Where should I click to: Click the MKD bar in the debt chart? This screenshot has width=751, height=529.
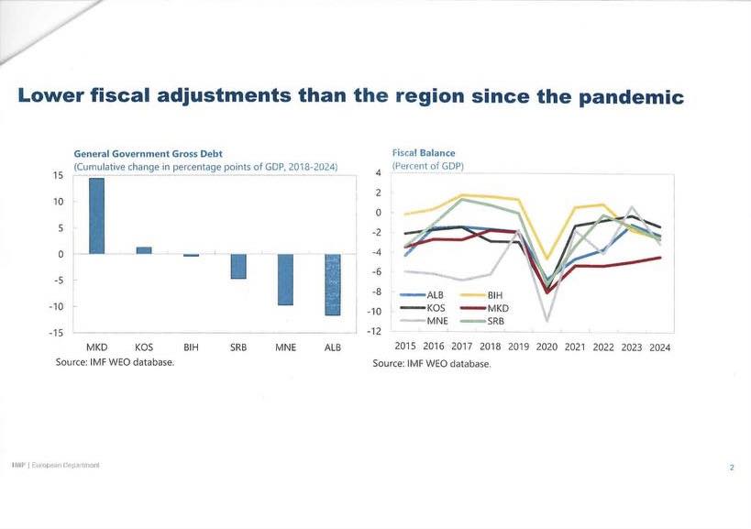coord(96,215)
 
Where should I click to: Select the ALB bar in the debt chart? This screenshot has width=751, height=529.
coord(333,285)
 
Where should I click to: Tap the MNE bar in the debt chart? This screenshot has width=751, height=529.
coord(285,280)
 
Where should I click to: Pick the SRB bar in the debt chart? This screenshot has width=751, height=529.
coord(238,266)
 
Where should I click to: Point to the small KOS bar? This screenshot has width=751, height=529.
coord(144,249)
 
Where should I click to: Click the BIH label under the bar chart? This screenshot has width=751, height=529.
coord(191,348)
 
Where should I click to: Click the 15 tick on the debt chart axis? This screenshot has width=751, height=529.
coord(57,175)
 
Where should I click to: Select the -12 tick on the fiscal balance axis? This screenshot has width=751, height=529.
coord(374,331)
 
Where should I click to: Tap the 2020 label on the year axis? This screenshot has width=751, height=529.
coord(547,347)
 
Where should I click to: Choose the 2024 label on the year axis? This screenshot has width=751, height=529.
coord(659,347)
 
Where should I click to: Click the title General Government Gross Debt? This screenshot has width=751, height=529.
coord(148,153)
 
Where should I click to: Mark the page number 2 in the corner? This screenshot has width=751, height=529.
coord(732,468)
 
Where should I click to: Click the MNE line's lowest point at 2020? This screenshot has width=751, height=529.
coord(547,321)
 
